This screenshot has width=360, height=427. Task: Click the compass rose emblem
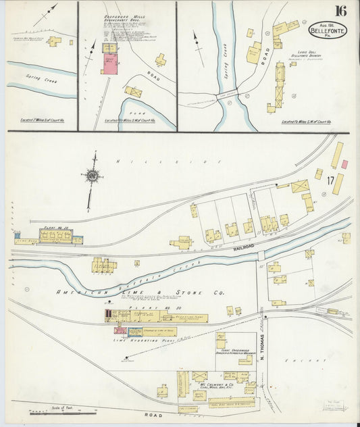click(x=91, y=176)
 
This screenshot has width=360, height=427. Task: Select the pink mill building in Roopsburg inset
click(x=109, y=64)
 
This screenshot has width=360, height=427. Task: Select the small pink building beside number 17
click(x=344, y=164)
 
